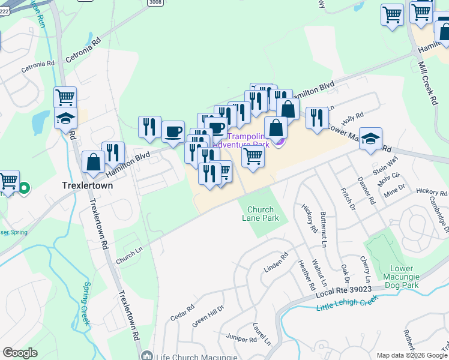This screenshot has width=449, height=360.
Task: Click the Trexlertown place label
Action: coord(87,186)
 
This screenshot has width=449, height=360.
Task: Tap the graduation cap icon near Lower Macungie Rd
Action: coord(370,139)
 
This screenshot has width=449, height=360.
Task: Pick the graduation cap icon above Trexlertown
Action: coord(65,118)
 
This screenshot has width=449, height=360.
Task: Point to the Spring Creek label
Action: coord(83,304)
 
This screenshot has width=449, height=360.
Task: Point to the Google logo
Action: coord(20,353)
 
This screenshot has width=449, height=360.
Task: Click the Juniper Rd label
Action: coord(242,339)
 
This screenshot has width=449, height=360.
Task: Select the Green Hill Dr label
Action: coord(207,315)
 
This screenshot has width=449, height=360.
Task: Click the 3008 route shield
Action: coord(154,3)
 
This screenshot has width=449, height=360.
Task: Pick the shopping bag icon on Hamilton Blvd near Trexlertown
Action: coord(93,162)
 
